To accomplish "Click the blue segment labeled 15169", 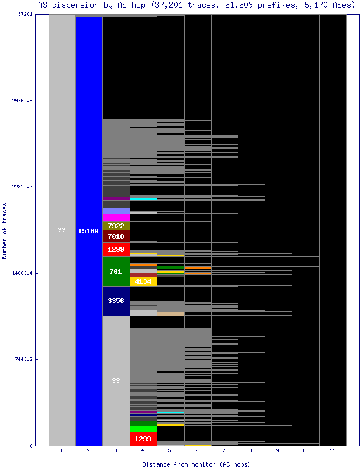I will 88,231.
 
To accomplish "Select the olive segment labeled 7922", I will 116,226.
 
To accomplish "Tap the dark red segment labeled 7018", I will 116,236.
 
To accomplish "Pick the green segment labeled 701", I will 116,271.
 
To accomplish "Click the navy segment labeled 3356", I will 116,301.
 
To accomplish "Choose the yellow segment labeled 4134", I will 143,281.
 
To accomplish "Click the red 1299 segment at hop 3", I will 116,249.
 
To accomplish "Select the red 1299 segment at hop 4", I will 143,439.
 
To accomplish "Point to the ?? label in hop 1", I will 62,230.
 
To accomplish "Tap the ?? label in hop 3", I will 116,381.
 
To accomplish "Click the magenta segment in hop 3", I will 116,217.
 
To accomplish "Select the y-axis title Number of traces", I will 5,230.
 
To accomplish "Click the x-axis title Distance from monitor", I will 196,464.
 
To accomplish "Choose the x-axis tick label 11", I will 332,451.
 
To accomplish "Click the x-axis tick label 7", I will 224,451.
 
